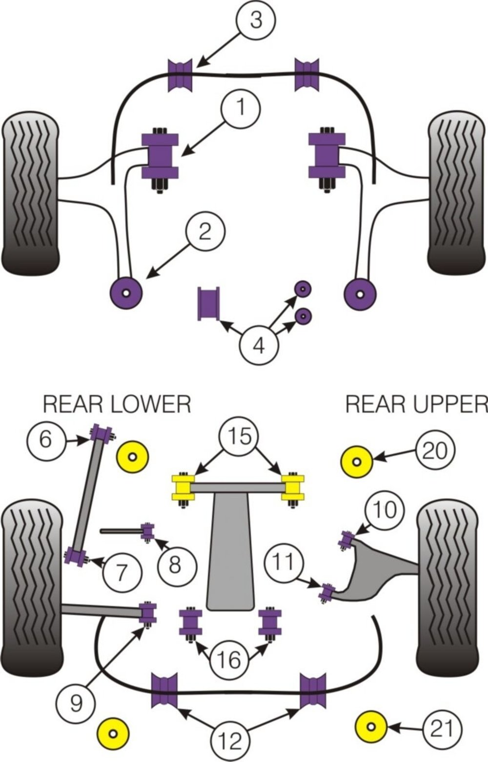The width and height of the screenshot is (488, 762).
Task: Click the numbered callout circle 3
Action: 256,20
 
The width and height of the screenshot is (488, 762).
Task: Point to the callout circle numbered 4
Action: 259,346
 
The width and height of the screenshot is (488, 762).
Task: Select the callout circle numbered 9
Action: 76,703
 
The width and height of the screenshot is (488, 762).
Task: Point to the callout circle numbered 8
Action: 178,566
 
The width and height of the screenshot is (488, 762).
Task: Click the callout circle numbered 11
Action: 284,562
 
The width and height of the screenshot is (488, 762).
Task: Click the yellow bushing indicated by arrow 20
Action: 357,462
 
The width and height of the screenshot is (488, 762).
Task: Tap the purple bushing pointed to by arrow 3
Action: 180,75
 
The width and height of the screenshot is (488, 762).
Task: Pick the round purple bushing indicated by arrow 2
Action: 126,293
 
